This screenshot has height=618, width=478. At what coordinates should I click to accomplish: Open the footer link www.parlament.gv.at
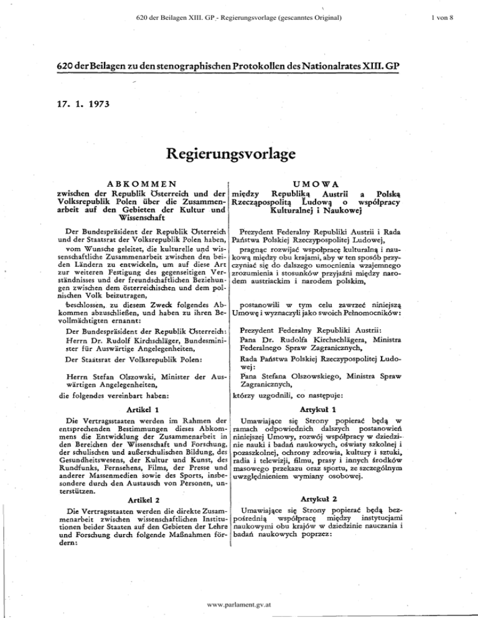point(239,604)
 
